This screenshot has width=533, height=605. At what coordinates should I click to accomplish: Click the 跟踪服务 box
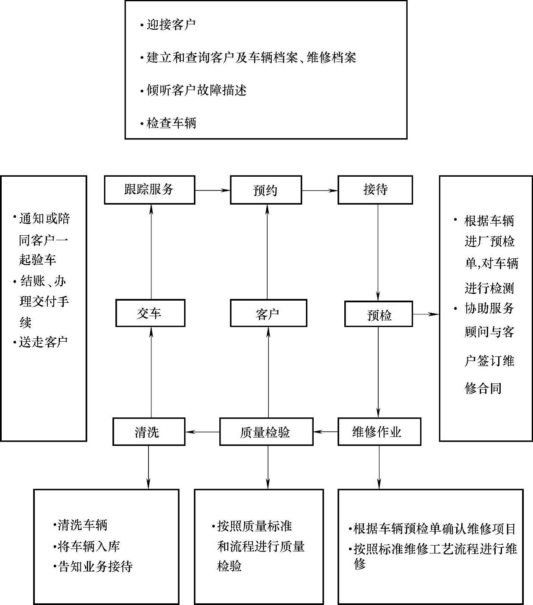tap(149, 190)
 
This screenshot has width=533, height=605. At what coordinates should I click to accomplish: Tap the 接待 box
tap(375, 190)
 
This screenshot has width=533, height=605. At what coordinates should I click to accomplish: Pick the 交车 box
tap(150, 313)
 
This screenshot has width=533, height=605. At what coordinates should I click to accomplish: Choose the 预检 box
tap(379, 314)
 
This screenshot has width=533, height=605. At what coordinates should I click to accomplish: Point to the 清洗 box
tap(148, 432)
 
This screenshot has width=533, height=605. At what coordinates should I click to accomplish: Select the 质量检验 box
tap(266, 432)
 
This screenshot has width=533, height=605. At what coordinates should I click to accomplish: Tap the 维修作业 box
tap(379, 432)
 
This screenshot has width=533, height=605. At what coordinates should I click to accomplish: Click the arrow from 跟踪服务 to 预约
tap(212, 191)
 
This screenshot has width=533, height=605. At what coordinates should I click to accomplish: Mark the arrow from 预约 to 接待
tap(320, 191)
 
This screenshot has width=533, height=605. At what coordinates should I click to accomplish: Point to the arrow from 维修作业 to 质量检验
tap(325, 432)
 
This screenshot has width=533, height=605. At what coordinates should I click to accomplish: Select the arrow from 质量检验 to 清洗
tap(202, 432)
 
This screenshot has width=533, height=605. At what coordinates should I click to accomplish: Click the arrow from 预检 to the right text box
tap(426, 314)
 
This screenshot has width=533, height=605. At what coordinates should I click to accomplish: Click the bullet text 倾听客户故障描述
tap(196, 90)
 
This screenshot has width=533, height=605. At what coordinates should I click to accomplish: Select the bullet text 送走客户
tap(43, 342)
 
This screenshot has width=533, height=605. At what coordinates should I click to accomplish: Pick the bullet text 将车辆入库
tap(88, 546)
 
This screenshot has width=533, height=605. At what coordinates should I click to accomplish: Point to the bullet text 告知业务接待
tap(95, 566)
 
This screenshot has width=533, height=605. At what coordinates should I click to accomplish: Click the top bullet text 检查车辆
tap(171, 123)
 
